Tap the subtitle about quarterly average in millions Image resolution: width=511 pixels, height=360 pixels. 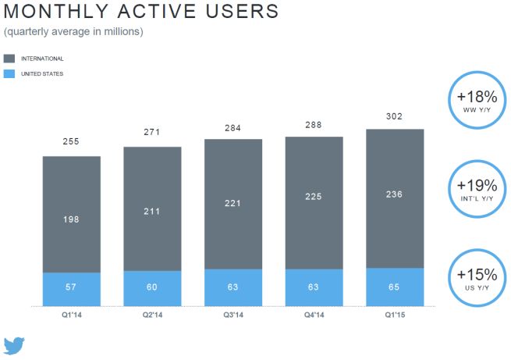point(73,32)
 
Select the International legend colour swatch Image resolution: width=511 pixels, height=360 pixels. point(9,59)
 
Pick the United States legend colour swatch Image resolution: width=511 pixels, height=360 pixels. point(9,73)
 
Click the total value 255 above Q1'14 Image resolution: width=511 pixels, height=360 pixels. point(71,142)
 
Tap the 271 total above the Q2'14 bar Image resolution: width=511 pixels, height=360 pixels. point(152,134)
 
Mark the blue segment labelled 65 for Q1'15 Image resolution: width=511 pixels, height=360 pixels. point(395,287)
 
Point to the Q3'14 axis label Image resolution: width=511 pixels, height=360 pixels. point(232,316)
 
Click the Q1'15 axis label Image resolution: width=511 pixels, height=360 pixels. point(394,316)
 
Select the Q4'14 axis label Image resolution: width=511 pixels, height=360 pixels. point(314,316)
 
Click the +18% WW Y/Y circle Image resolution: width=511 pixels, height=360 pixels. point(477,101)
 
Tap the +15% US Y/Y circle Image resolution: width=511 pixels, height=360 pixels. point(477,279)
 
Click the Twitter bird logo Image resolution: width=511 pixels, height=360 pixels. point(16,346)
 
